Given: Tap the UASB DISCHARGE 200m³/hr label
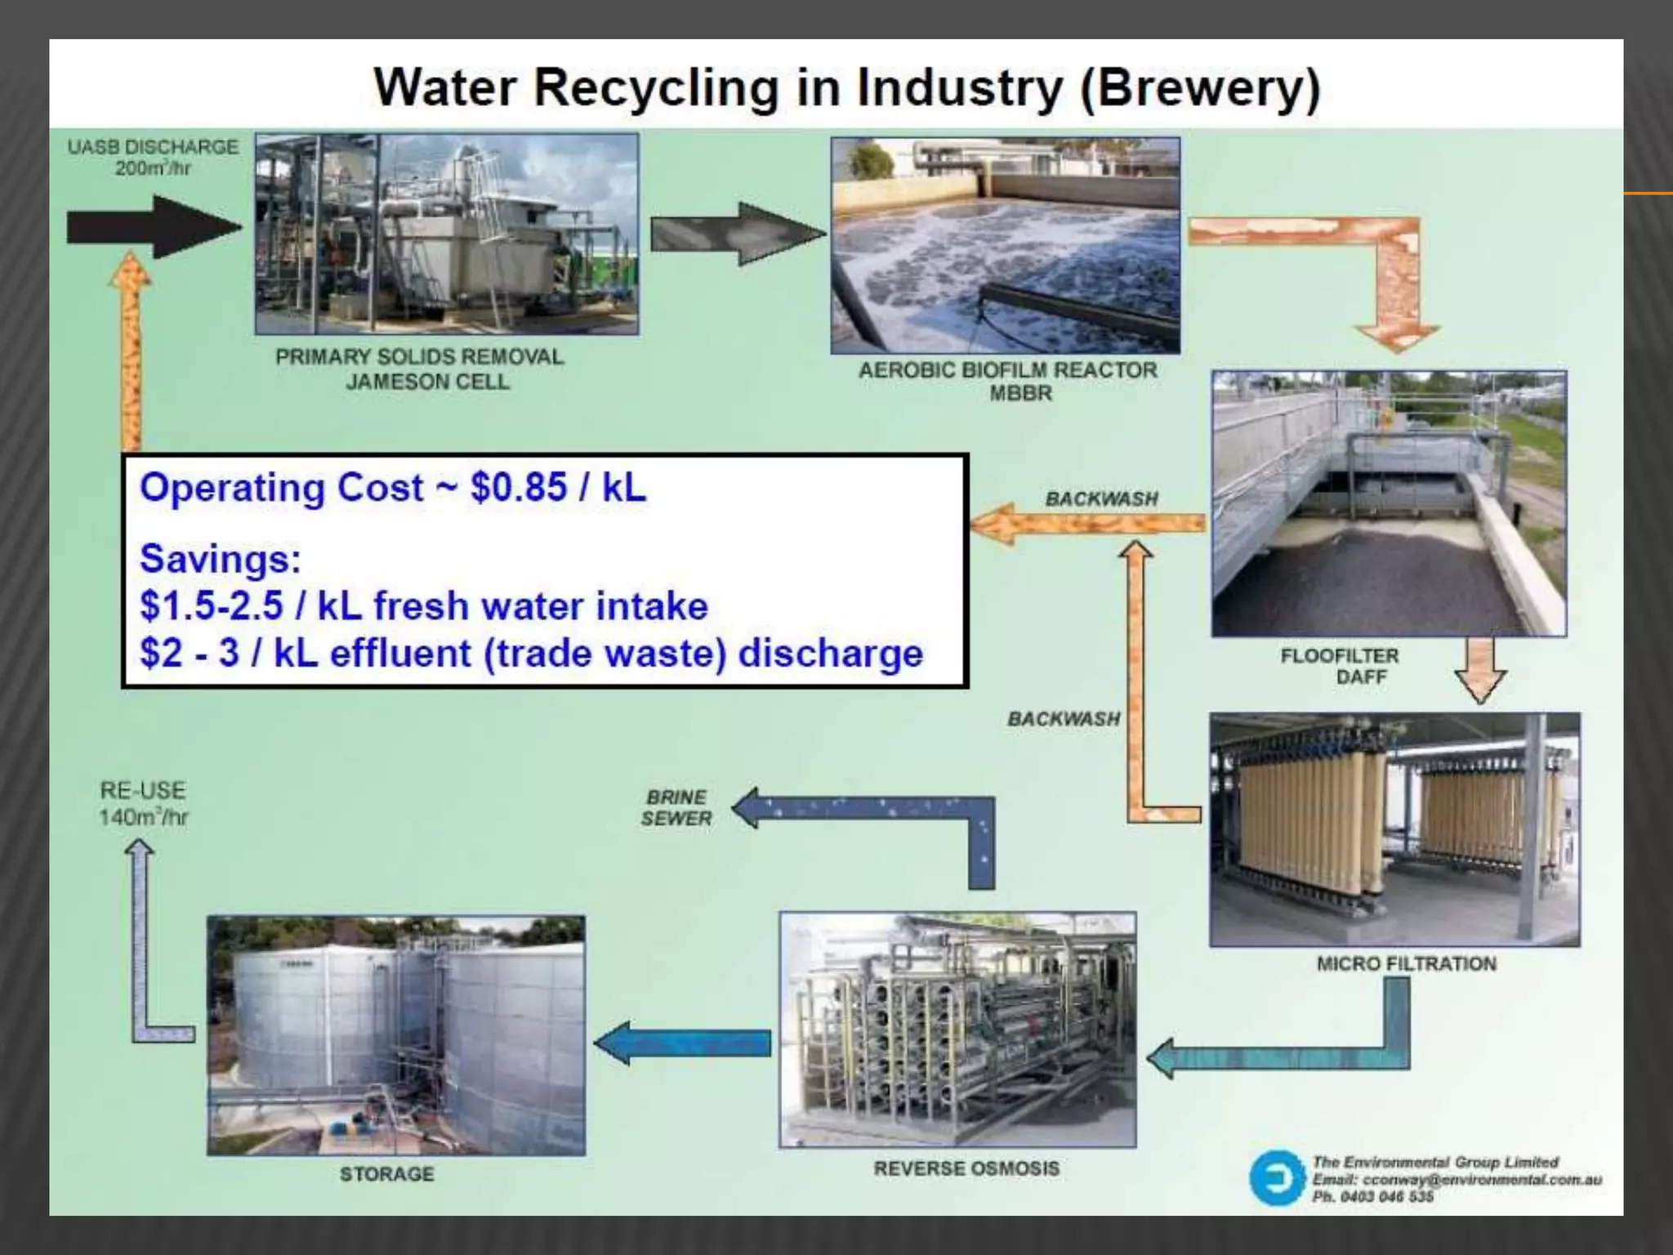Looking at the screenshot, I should pyautogui.click(x=153, y=157).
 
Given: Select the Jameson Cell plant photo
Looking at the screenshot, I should pyautogui.click(x=447, y=234).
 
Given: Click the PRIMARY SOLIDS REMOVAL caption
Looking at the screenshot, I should pyautogui.click(x=419, y=357).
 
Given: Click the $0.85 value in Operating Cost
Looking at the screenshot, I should pyautogui.click(x=518, y=488).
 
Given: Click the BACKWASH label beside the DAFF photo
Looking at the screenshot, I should pyautogui.click(x=1101, y=498).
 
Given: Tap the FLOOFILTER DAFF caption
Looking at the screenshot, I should pyautogui.click(x=1340, y=666).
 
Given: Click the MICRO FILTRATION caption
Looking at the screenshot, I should pyautogui.click(x=1406, y=964).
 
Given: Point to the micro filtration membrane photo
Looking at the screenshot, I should pyautogui.click(x=1394, y=829).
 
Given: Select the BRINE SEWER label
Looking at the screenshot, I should pyautogui.click(x=676, y=807).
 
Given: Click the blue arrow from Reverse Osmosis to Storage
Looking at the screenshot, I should pyautogui.click(x=683, y=1043).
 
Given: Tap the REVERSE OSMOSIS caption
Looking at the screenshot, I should pyautogui.click(x=966, y=1168).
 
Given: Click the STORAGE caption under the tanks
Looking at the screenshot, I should pyautogui.click(x=386, y=1174).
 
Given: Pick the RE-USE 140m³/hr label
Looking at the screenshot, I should pyautogui.click(x=143, y=803).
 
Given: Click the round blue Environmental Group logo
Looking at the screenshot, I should pyautogui.click(x=1277, y=1177).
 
